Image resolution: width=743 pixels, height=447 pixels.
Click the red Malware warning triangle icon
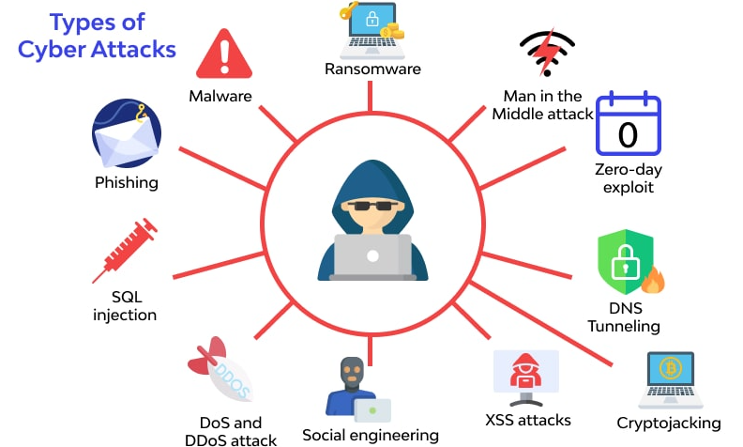(224, 54)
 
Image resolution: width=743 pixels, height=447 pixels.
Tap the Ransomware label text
(372, 69)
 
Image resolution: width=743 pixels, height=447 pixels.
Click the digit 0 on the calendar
(628, 135)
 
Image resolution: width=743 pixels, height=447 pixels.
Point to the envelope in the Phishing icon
(126, 139)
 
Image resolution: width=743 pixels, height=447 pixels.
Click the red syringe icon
(125, 250)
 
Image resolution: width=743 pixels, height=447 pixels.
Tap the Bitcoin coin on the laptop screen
(671, 368)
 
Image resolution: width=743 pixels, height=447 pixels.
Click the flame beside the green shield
(653, 280)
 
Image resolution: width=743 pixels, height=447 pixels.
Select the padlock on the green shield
(625, 262)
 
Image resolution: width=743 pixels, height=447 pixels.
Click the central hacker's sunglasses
(372, 206)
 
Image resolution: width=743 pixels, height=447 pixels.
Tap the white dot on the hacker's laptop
(373, 256)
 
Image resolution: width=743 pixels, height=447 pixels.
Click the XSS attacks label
(528, 420)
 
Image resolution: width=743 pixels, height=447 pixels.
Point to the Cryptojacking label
(669, 424)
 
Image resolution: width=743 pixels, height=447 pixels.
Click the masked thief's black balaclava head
(352, 373)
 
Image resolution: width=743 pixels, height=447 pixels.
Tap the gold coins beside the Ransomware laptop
(392, 31)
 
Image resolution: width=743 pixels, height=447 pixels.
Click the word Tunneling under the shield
(624, 326)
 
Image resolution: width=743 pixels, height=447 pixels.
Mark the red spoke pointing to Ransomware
(370, 96)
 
